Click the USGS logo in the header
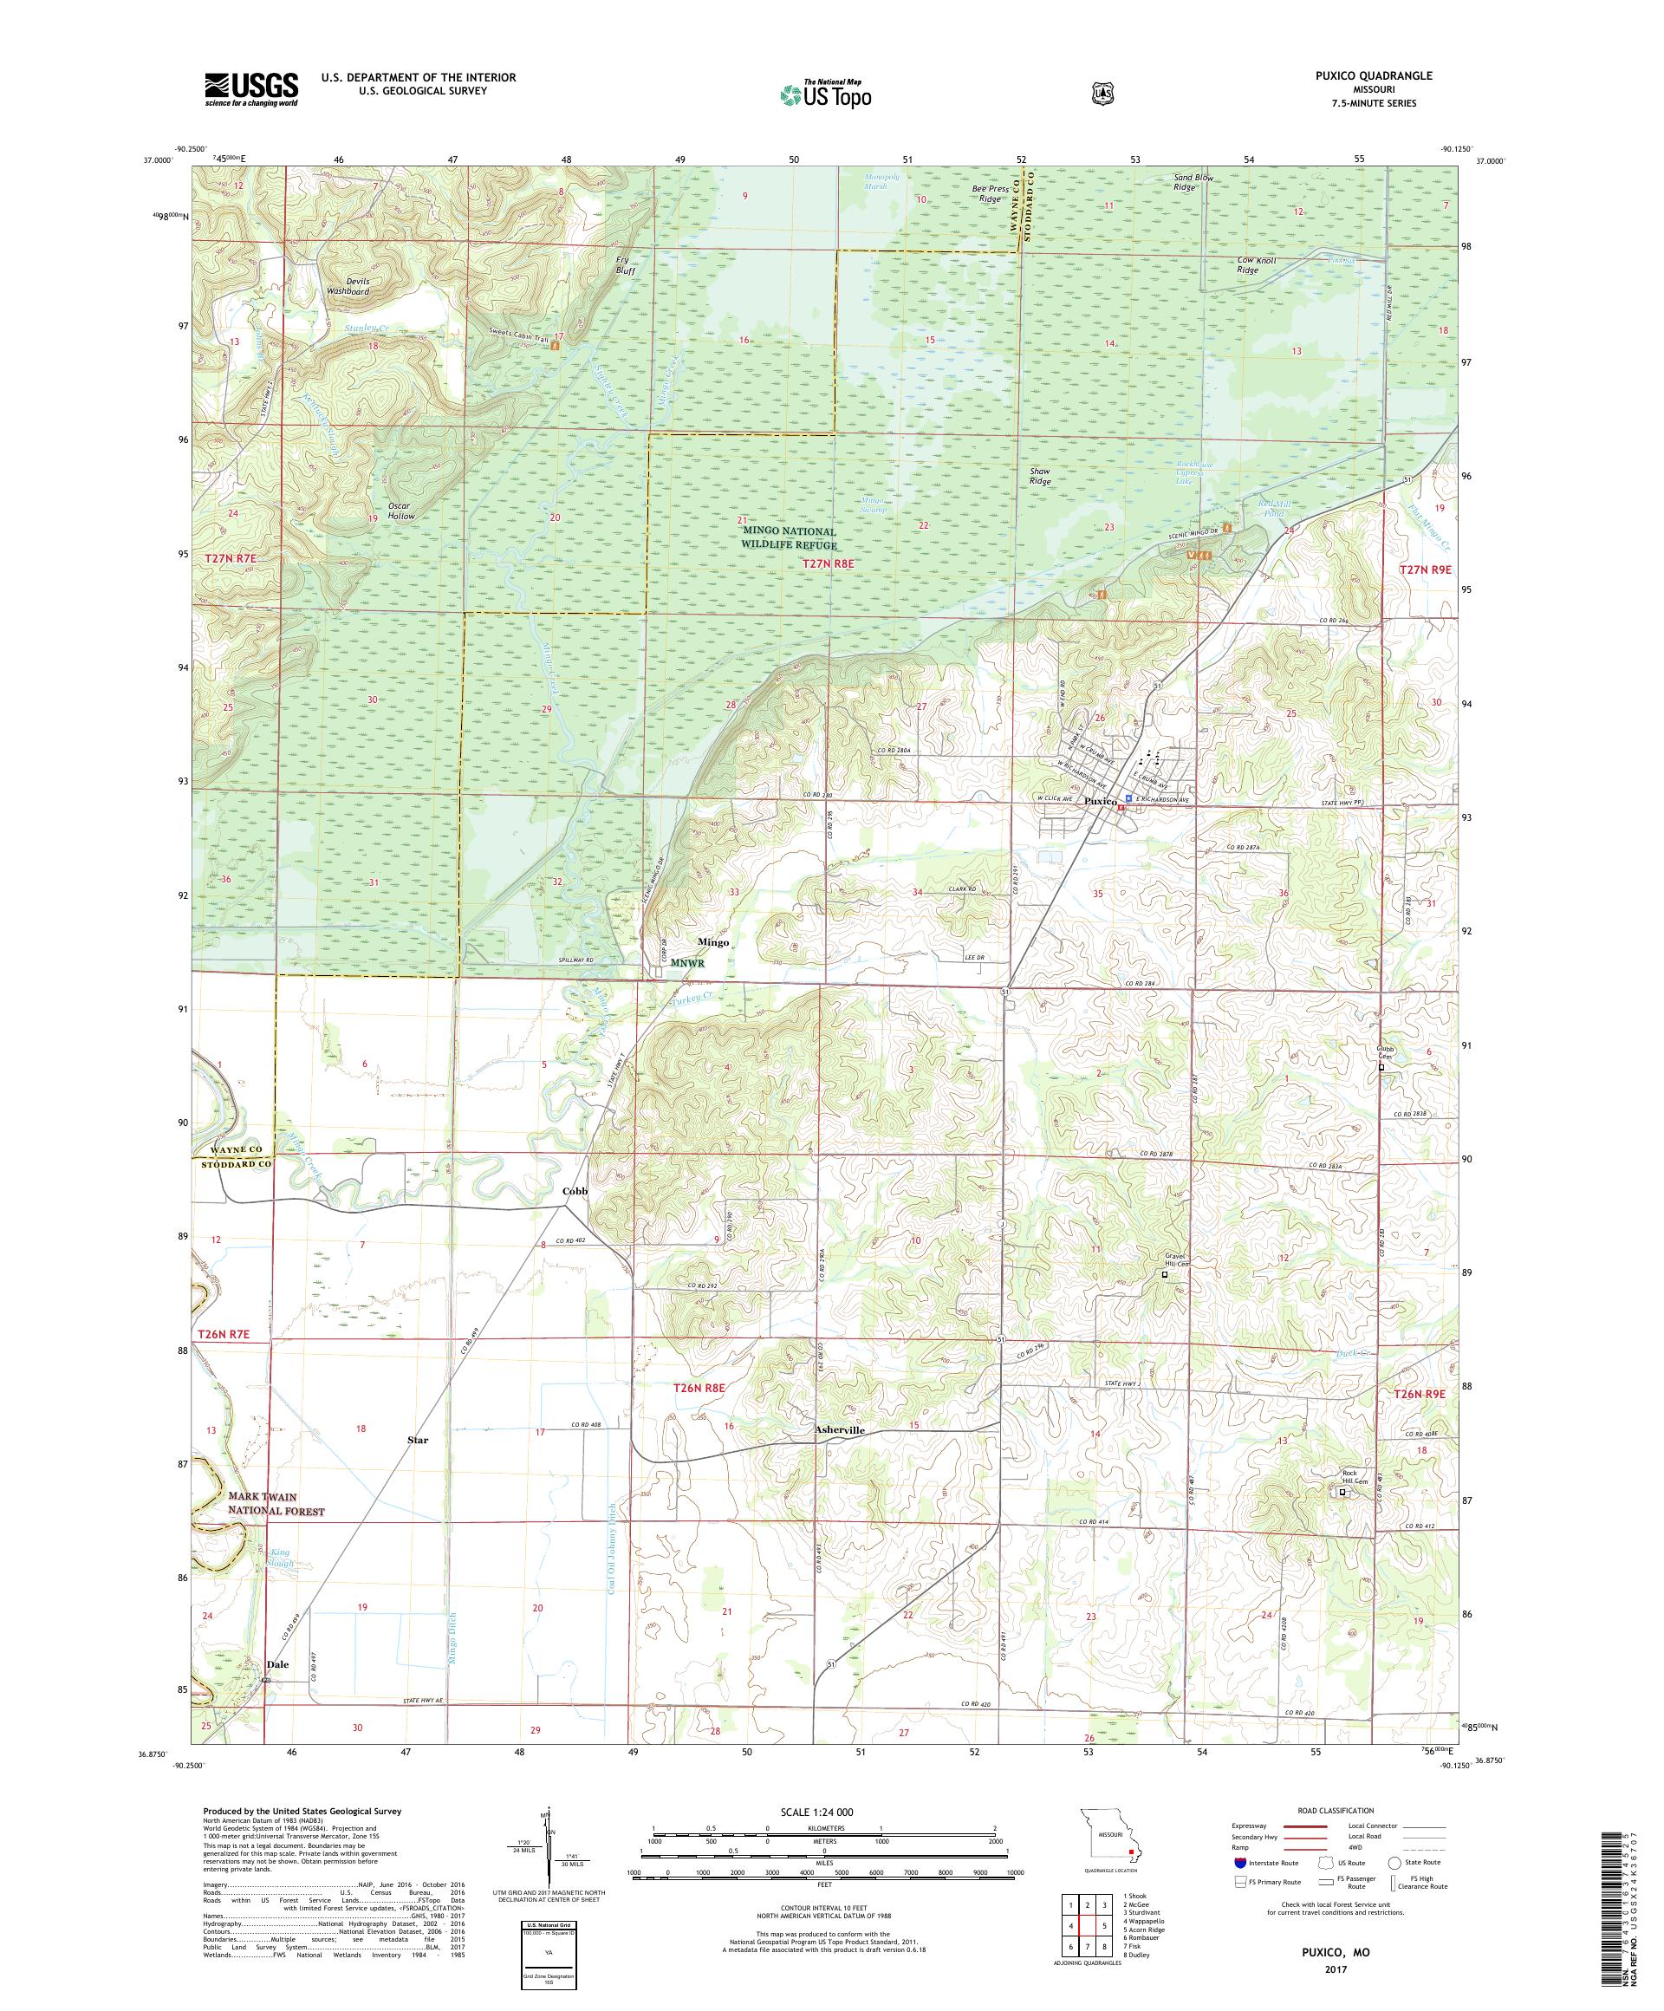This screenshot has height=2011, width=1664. pyautogui.click(x=250, y=90)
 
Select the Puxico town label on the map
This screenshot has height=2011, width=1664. pyautogui.click(x=1101, y=801)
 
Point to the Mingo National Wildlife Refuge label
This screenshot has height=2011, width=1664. pyautogui.click(x=789, y=538)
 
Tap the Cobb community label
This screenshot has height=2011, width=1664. pyautogui.click(x=574, y=1190)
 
